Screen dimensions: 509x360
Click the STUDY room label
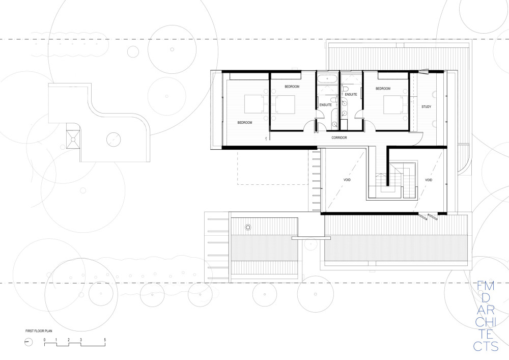(x=426, y=107)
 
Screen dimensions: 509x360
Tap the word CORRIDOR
(x=339, y=137)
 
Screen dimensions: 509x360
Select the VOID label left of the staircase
(x=347, y=180)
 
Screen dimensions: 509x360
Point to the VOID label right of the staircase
(x=429, y=180)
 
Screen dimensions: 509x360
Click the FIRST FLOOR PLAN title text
(x=39, y=331)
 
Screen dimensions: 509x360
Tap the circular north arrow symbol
(x=29, y=342)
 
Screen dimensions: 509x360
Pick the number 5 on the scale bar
(x=105, y=340)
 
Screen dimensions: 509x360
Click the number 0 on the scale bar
(x=45, y=340)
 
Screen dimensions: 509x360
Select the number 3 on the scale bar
(x=81, y=340)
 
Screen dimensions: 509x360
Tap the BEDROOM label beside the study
(x=383, y=89)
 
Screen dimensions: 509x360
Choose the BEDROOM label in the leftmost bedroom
(x=245, y=123)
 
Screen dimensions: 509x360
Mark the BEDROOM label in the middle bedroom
(x=292, y=87)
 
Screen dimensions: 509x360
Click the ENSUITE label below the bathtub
(x=326, y=105)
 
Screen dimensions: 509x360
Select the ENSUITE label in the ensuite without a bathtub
(x=351, y=95)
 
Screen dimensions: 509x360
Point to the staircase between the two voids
(x=395, y=182)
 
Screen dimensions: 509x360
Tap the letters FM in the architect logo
(x=486, y=286)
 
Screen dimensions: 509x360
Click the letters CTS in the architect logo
(x=486, y=346)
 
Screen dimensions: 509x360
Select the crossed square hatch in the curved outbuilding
(x=73, y=139)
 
